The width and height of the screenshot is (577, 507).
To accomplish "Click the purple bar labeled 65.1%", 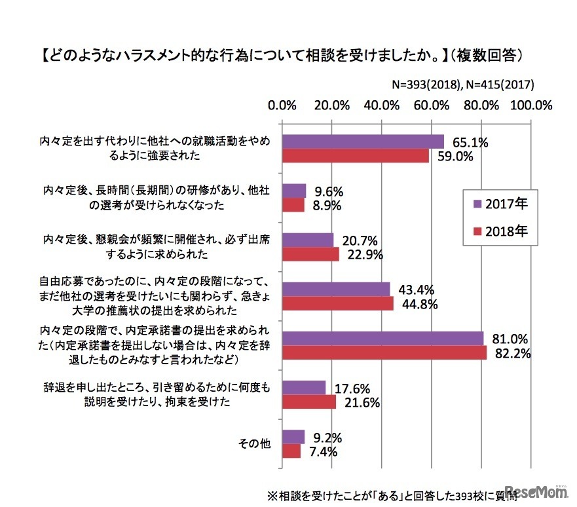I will tap(363, 141).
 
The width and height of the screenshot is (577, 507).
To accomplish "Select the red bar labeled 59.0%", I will tap(356, 156).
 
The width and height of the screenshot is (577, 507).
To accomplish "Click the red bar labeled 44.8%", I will tap(337, 304).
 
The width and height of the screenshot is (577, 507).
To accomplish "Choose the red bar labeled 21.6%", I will tap(308, 402).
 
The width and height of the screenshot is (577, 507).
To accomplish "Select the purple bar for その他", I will tap(293, 436).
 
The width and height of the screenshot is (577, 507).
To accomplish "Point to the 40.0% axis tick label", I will tap(381, 105).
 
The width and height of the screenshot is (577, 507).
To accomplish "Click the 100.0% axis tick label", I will tap(532, 105).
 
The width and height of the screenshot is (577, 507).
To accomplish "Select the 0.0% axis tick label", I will tap(283, 105).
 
